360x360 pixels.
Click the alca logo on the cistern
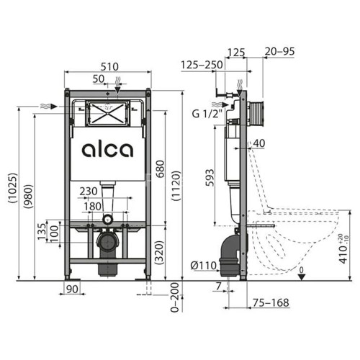click(x=107, y=150)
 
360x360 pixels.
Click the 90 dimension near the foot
click(x=70, y=289)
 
